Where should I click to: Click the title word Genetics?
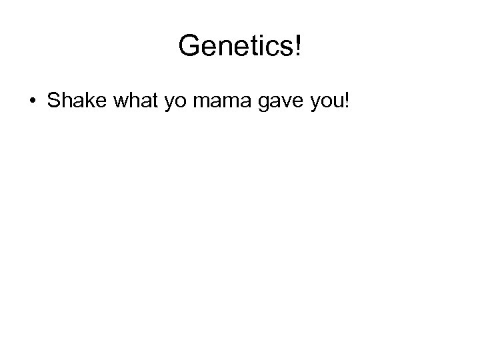tap(237, 47)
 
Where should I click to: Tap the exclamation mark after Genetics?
tap(298, 47)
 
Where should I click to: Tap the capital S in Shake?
tap(53, 103)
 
